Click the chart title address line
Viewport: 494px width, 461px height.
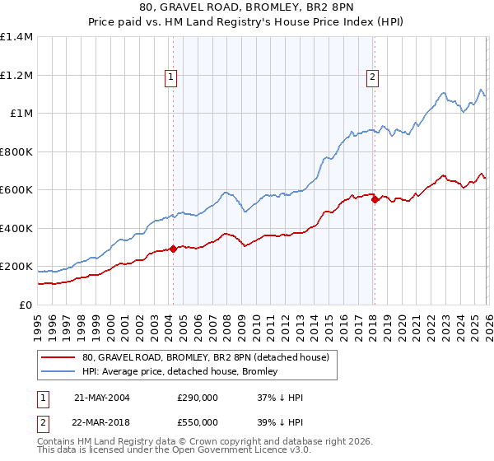247,7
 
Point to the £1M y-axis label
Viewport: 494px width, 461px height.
21,114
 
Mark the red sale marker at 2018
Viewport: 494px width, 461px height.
375,199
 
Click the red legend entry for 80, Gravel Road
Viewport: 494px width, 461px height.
206,357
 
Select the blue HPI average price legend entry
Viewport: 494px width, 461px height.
179,372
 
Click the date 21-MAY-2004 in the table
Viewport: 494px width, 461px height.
102,398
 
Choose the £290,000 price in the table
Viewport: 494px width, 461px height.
198,398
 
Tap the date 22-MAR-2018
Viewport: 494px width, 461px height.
102,422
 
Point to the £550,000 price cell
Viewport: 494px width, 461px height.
198,422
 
